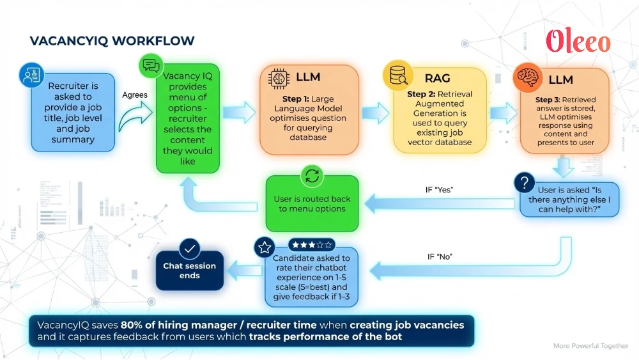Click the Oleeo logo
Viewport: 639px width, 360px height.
point(578,42)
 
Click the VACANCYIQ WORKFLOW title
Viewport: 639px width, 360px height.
point(112,42)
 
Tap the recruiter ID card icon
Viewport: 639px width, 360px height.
point(31,75)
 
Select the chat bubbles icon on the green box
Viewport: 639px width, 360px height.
point(151,65)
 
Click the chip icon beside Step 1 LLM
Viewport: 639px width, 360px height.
point(279,77)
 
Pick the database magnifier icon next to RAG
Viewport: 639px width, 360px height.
point(396,75)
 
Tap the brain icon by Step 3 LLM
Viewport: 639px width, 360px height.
point(528,78)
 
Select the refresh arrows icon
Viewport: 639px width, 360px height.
point(312,176)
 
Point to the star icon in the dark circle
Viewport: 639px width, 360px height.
point(265,248)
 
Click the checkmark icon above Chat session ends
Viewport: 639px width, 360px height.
point(190,248)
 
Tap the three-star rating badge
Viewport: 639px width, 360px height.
point(311,245)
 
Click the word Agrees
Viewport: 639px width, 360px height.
point(135,95)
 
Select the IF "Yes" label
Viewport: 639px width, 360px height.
point(440,190)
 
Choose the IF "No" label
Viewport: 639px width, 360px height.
point(440,256)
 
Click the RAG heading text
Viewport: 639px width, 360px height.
point(438,79)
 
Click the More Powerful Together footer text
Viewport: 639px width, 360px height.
point(590,346)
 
